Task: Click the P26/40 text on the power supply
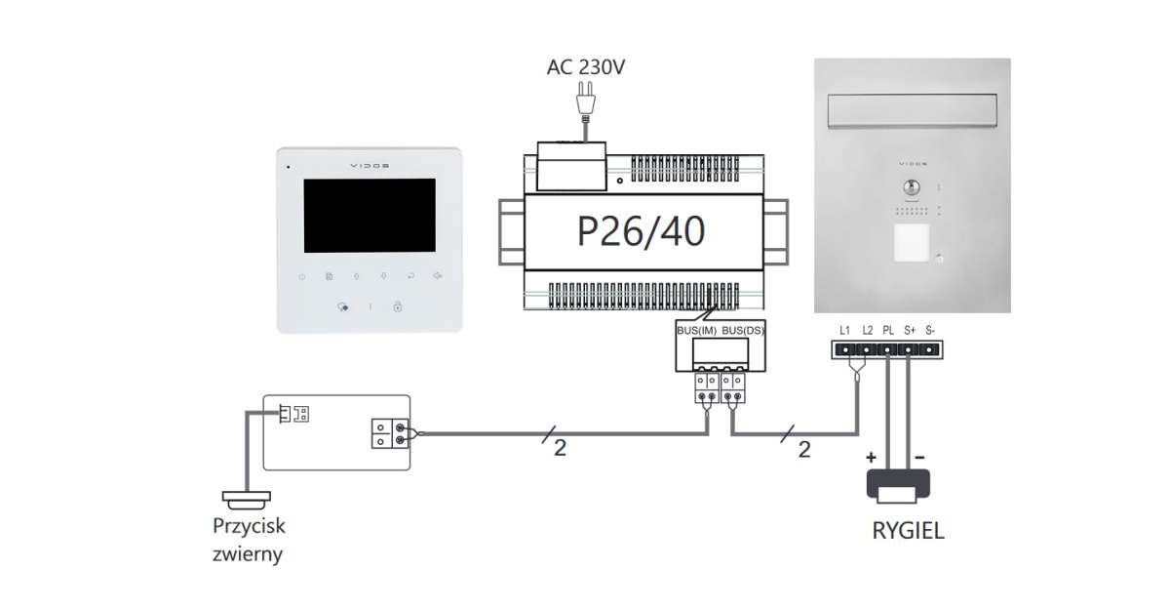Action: (641, 232)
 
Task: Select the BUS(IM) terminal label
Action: (697, 332)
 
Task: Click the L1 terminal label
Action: (845, 330)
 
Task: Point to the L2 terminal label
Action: (867, 330)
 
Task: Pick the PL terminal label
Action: (888, 330)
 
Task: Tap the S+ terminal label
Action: (910, 330)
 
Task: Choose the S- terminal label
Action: (930, 330)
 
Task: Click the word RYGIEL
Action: (908, 533)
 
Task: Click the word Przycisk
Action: (249, 527)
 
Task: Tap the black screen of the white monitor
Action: (370, 216)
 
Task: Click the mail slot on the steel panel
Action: (913, 110)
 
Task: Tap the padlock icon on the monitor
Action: (398, 306)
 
